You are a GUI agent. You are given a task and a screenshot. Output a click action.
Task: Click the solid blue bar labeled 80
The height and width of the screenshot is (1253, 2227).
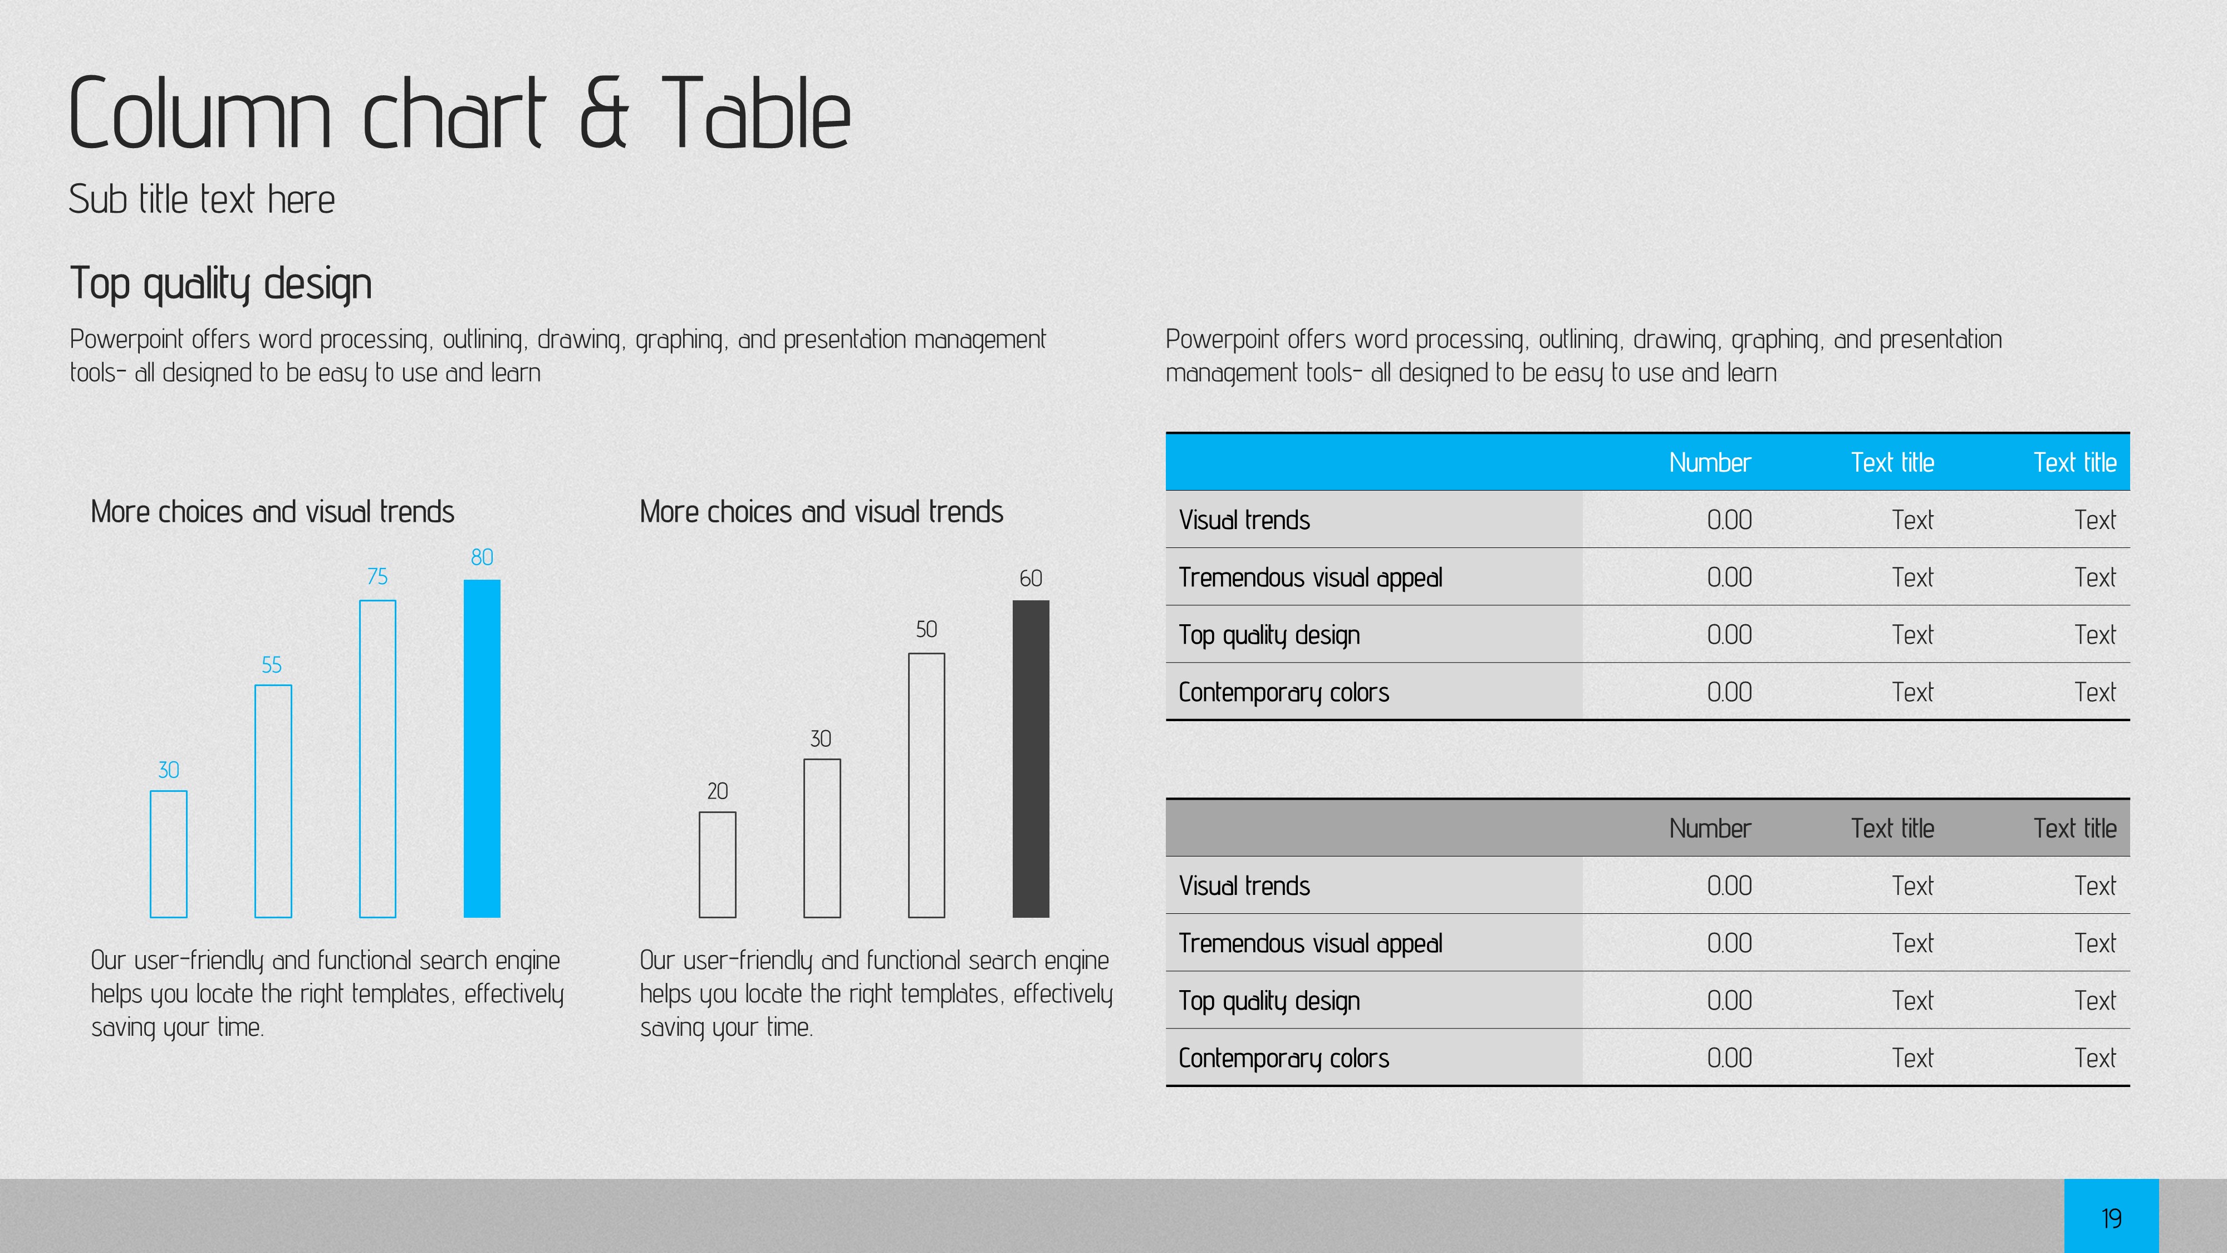tap(482, 748)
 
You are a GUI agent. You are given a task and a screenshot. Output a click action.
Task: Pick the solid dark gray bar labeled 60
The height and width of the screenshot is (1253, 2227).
tap(1031, 758)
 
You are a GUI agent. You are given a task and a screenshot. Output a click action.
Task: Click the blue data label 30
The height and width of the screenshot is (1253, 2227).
tap(169, 770)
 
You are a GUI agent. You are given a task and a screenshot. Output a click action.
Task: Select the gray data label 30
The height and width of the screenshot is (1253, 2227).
tap(821, 738)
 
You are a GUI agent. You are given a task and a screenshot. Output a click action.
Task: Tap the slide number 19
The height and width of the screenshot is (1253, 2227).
tap(2111, 1218)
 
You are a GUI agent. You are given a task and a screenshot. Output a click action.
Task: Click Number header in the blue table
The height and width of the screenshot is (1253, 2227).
tap(1709, 463)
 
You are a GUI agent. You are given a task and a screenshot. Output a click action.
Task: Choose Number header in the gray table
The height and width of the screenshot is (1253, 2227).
tap(1709, 829)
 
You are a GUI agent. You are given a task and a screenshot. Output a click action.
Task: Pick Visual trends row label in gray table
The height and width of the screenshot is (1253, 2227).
tap(1244, 885)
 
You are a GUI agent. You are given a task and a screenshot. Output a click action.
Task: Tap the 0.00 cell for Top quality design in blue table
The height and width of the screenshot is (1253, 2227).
tap(1729, 635)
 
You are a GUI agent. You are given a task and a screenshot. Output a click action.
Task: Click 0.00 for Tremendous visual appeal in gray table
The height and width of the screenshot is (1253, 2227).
tap(1729, 943)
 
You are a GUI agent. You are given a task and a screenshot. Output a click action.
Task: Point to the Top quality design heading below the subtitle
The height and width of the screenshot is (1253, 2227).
tap(220, 283)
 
